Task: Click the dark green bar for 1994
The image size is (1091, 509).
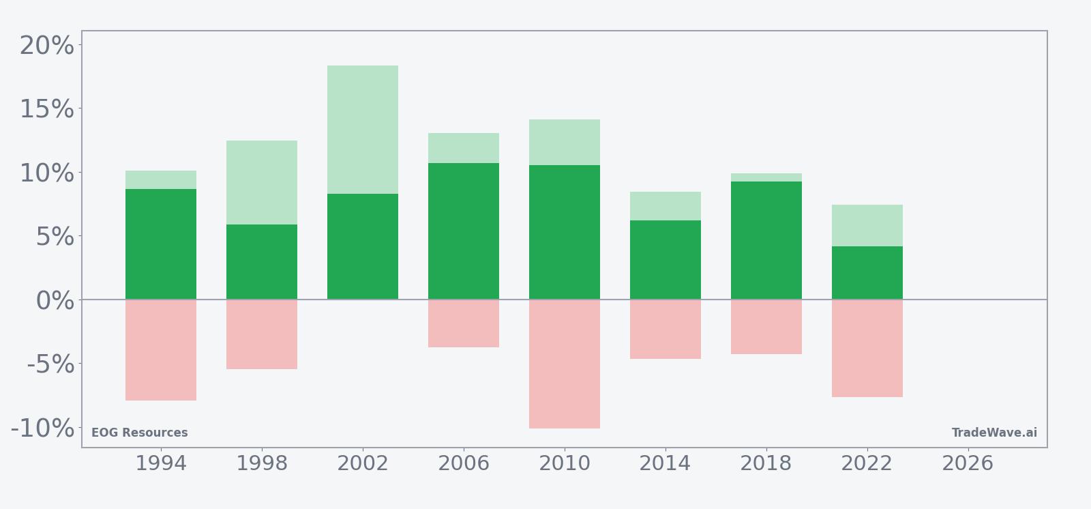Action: point(161,244)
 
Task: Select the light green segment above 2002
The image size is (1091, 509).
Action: point(363,130)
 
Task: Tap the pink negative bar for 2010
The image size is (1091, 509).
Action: point(565,364)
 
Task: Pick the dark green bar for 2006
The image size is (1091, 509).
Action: point(464,231)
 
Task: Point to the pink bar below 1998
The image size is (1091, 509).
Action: point(262,334)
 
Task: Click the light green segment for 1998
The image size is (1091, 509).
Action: point(262,182)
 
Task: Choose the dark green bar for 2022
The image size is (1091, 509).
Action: point(867,273)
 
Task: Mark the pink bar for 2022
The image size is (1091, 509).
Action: point(867,348)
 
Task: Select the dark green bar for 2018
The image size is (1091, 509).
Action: point(766,240)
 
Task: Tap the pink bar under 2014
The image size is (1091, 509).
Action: point(666,329)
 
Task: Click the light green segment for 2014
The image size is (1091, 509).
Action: point(666,206)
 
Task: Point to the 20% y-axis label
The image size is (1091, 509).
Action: point(46,46)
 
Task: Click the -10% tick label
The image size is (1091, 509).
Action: point(42,428)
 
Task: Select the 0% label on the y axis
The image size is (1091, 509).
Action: point(55,300)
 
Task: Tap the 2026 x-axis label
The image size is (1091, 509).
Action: point(968,463)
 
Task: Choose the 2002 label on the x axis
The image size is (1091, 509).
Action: point(363,463)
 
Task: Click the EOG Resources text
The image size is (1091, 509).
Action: point(139,433)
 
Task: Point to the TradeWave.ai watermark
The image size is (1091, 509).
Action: point(994,433)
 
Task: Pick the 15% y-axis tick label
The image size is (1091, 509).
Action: point(46,109)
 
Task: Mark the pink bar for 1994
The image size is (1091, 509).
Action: point(161,350)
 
